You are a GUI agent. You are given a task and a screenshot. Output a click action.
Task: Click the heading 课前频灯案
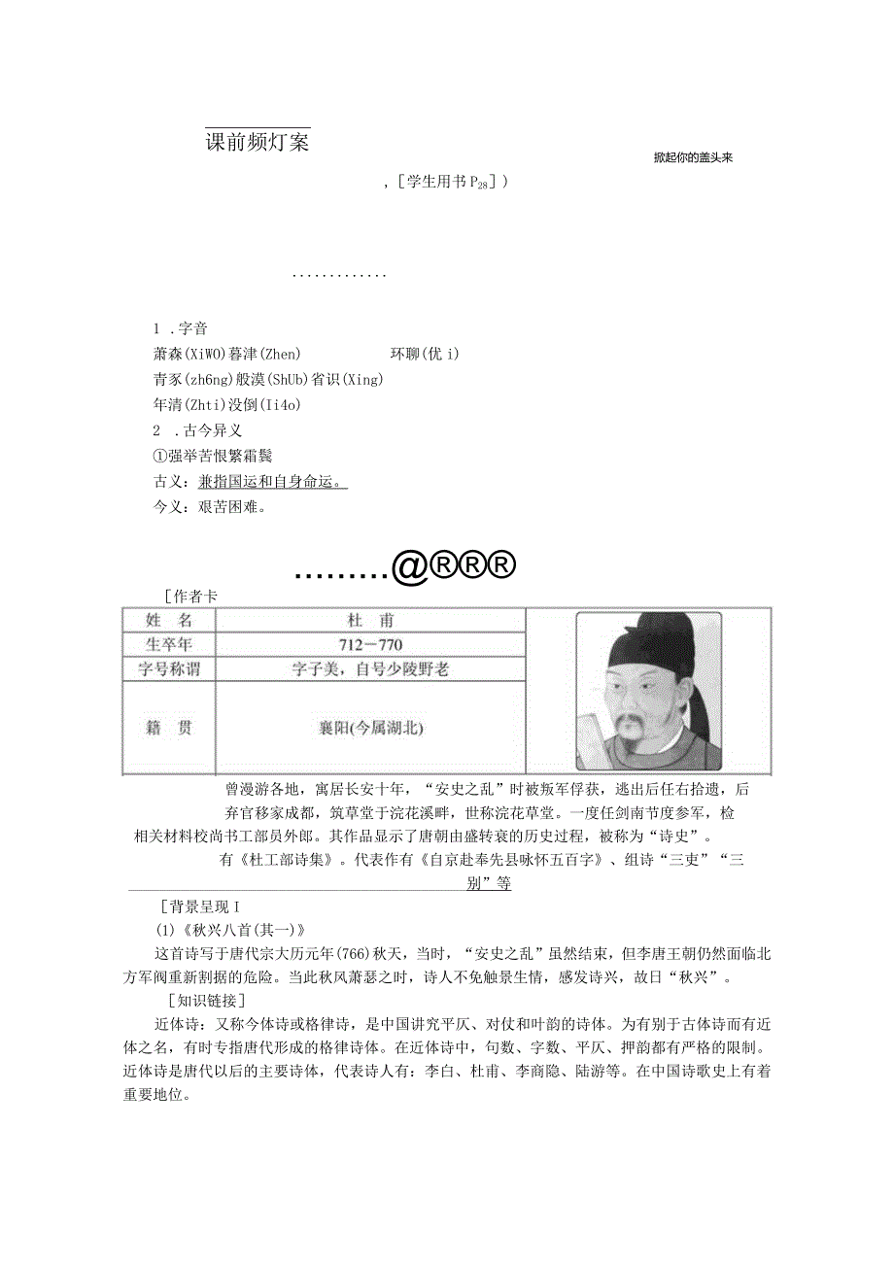[257, 142]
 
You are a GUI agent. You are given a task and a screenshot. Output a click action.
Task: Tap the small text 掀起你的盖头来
[692, 158]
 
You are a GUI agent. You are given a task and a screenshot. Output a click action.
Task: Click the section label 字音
[192, 328]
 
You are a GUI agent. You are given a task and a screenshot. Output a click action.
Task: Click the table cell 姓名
[168, 620]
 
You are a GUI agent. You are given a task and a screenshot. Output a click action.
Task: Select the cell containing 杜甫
[370, 620]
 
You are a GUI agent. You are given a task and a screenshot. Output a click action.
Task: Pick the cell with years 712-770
[370, 644]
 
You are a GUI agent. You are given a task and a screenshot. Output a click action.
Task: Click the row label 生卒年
[168, 644]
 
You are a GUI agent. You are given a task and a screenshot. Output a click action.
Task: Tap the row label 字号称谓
[168, 668]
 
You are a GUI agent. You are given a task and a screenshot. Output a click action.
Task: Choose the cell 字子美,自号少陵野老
[370, 668]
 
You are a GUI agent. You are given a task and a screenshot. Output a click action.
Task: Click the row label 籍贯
[168, 727]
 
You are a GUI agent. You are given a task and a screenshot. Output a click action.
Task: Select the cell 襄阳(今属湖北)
[370, 727]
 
